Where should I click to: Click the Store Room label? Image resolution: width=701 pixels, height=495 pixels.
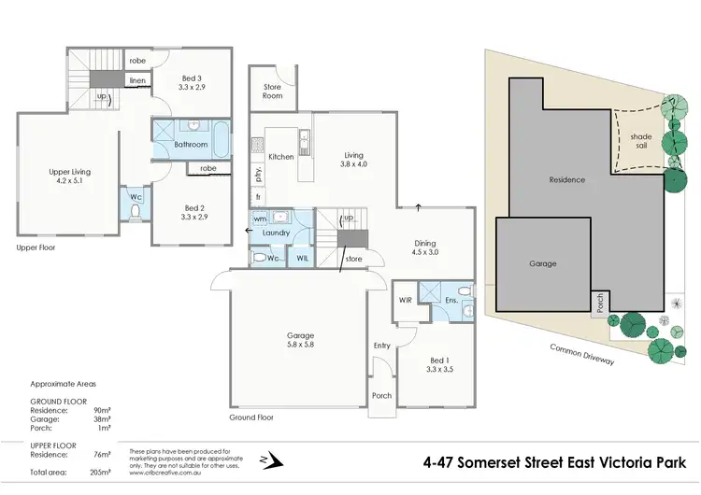271,91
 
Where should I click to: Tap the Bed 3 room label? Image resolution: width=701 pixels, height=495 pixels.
192,81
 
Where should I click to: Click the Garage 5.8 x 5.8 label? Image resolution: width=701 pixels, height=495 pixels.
300,341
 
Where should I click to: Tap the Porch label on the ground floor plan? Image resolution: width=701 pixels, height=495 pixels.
381,395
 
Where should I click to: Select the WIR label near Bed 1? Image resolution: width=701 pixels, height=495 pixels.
405,300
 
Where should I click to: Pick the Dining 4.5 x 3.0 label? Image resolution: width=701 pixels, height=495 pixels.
425,248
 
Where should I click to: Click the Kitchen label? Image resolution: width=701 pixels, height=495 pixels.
280,157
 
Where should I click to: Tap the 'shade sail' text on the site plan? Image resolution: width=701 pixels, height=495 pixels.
641,141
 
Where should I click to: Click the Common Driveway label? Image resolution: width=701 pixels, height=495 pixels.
581,354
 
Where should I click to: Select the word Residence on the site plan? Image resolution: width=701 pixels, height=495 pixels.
566,179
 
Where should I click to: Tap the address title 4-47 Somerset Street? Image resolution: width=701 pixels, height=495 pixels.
555,461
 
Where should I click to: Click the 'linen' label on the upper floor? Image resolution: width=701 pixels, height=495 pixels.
136,80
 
